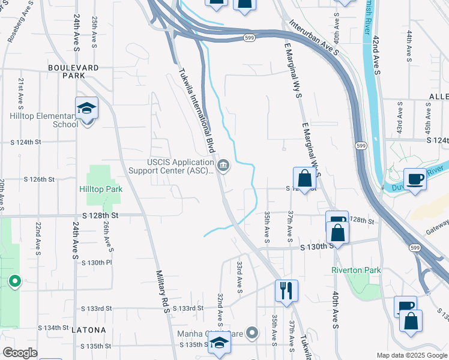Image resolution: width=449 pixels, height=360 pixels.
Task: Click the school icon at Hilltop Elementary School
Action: [x=86, y=109]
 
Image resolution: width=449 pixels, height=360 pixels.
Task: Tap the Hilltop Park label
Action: [x=101, y=189]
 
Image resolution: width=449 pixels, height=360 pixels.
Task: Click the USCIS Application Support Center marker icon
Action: [x=223, y=164]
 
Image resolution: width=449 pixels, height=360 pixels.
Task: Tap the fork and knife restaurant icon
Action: [x=286, y=290]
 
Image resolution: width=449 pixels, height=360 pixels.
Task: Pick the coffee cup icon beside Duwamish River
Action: [x=415, y=179]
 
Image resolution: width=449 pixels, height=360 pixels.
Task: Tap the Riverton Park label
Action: [x=356, y=270]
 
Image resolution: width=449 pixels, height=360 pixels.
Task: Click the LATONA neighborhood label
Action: [x=88, y=330]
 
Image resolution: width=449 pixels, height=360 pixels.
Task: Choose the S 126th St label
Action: [x=39, y=179]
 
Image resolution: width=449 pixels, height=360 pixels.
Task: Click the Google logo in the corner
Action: [x=20, y=353]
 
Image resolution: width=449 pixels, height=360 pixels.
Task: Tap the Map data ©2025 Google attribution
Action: [x=411, y=355]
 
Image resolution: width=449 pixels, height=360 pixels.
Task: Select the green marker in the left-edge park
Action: [x=14, y=281]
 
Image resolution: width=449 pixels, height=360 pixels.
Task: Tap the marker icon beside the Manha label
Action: [x=253, y=332]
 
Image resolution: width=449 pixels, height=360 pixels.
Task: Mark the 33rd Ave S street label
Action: [x=240, y=277]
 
